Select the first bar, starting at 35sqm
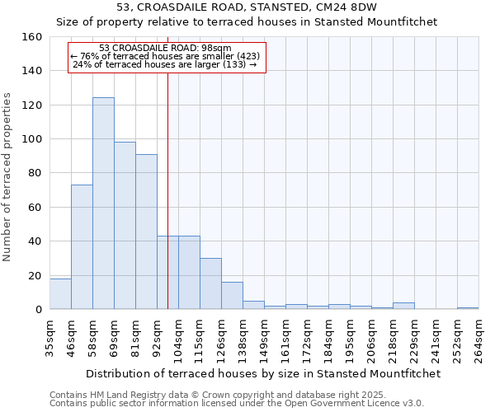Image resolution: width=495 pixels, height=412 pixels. [60, 294]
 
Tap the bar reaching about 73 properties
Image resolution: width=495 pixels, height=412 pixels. [82, 247]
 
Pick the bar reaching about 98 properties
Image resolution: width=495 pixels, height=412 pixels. [125, 226]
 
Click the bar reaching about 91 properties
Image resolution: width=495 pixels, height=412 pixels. [146, 232]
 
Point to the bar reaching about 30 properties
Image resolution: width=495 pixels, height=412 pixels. [210, 283]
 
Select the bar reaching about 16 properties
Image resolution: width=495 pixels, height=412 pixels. [232, 296]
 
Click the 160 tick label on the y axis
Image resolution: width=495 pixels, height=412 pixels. [32, 37]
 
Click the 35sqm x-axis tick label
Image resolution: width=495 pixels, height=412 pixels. [49, 333]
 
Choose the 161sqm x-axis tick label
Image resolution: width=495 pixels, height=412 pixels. [285, 333]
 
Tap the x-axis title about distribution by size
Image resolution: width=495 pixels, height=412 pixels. [263, 373]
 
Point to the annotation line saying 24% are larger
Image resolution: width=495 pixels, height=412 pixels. [166, 64]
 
